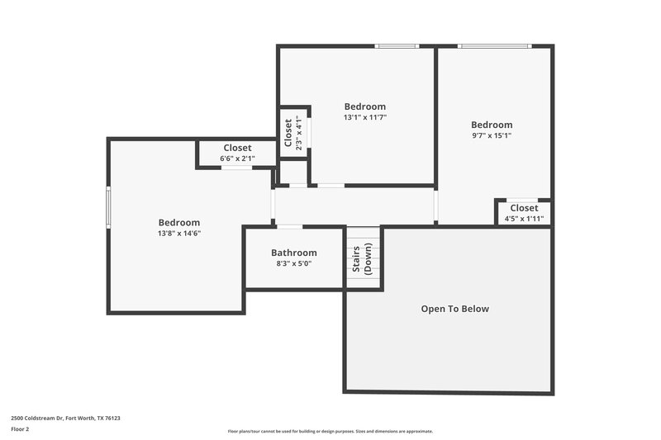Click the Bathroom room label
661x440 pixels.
point(293,253)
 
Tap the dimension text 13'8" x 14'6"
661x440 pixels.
point(179,233)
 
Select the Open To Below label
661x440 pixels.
point(454,309)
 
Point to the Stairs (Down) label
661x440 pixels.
point(362,259)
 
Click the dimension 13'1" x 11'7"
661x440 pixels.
point(364,117)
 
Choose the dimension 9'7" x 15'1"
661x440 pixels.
point(492,135)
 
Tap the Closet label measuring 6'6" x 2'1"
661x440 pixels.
point(237,148)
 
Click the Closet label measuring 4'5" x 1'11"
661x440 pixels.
point(524,208)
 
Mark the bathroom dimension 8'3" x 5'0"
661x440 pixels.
point(293,263)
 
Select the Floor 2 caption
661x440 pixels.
point(20,429)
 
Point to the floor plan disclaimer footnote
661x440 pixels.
point(330,431)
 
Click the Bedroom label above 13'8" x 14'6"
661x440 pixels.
point(179,222)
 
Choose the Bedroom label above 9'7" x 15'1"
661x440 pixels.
point(492,125)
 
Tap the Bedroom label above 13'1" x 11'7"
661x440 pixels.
point(364,106)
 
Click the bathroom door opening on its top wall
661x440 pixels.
point(289,226)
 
